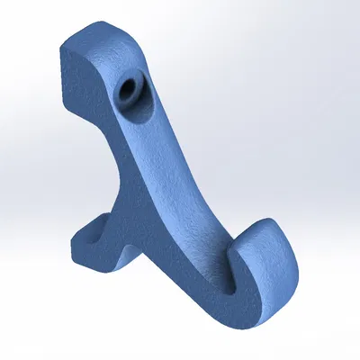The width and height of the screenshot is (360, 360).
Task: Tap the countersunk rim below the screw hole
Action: tap(136, 104)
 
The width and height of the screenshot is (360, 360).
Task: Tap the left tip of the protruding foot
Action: tap(74, 241)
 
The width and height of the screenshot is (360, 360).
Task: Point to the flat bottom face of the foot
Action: tap(99, 262)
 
